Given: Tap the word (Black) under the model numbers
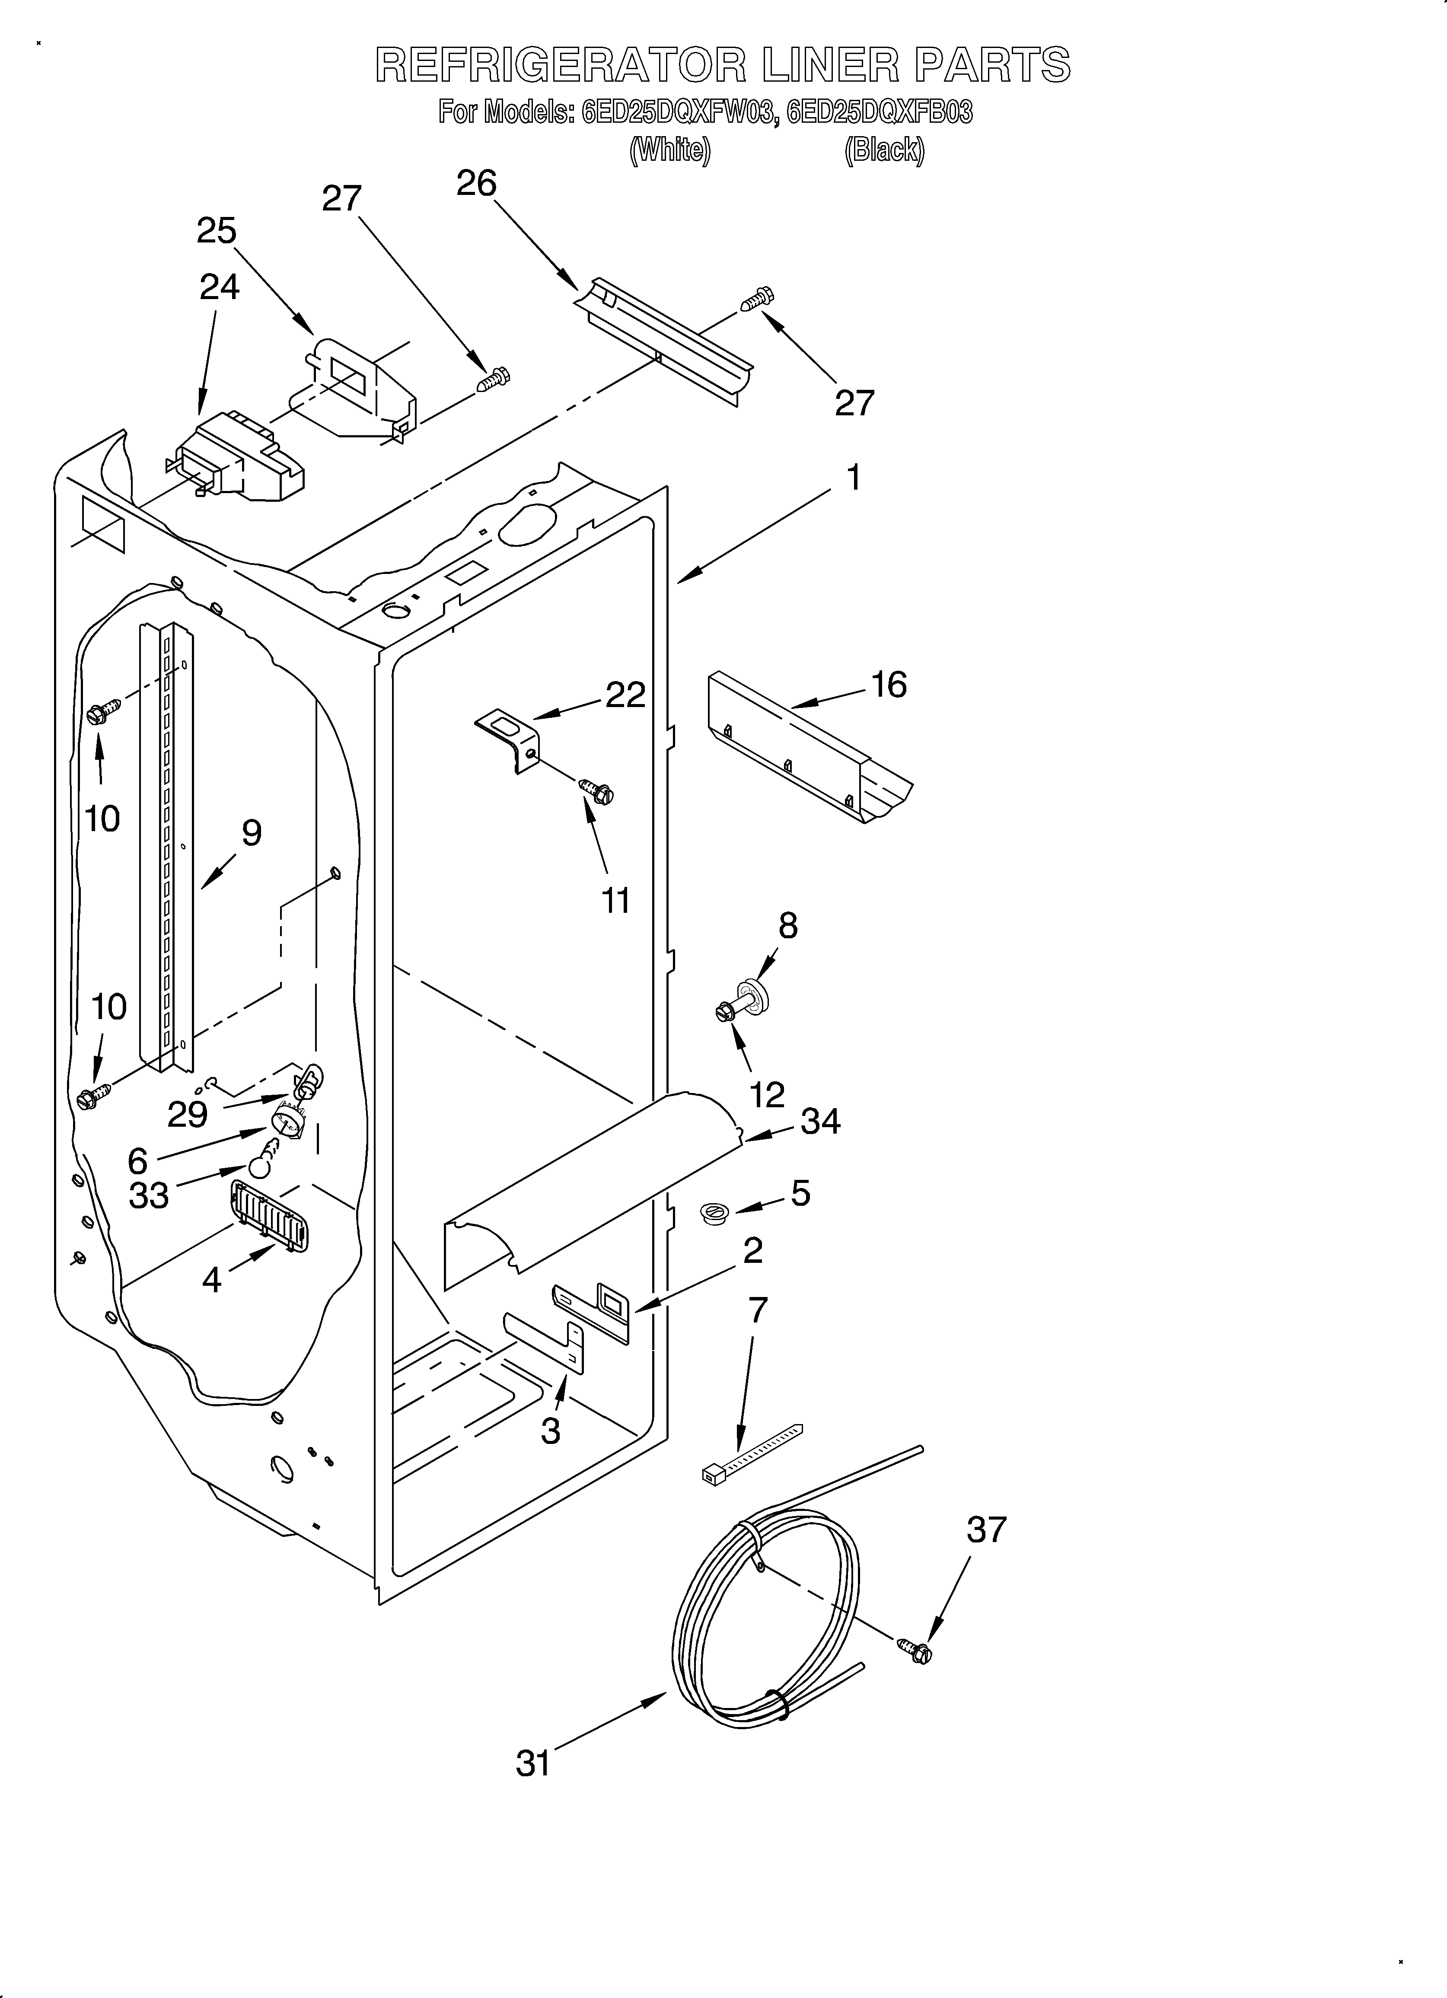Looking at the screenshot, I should pos(884,151).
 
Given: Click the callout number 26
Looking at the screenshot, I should pos(477,183).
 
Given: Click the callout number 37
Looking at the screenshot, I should pos(985,1530).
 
